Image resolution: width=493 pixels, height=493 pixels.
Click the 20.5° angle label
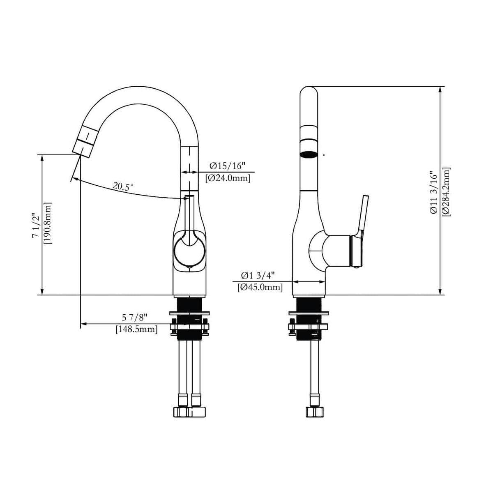(x=123, y=187)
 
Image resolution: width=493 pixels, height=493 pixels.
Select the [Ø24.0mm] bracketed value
(x=228, y=178)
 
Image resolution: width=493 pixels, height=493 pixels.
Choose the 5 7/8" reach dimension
(x=134, y=317)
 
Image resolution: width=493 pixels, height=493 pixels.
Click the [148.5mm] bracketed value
(x=136, y=329)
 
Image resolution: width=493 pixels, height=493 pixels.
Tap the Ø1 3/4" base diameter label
(x=258, y=275)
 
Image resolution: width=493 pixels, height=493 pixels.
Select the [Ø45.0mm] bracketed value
(x=260, y=288)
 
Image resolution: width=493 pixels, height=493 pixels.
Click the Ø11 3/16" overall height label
(x=433, y=192)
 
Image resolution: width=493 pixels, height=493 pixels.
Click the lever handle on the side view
(x=363, y=214)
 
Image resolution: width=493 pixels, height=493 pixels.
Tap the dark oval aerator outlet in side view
(x=309, y=155)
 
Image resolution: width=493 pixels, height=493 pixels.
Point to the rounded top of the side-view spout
(x=309, y=91)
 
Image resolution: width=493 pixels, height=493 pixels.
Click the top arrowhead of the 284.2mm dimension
(x=440, y=90)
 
